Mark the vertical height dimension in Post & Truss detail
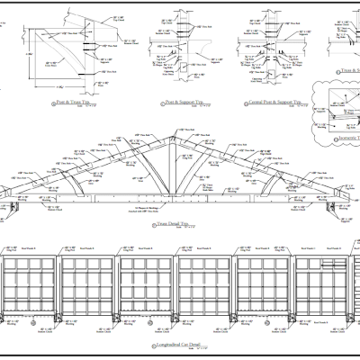point(26,54)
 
